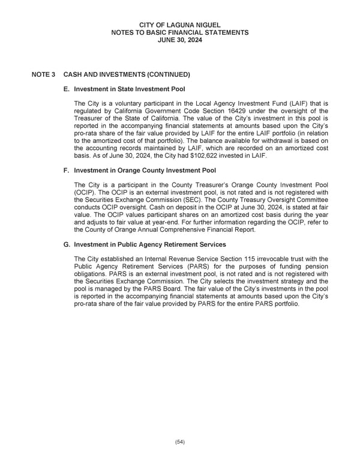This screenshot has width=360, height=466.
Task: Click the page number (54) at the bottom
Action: [x=180, y=442]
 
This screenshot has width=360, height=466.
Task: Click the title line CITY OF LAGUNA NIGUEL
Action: [x=180, y=24]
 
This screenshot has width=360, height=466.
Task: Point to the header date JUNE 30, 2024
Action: [x=180, y=40]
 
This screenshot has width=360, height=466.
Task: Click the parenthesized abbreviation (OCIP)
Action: [x=85, y=192]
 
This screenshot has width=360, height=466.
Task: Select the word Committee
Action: [x=311, y=200]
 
